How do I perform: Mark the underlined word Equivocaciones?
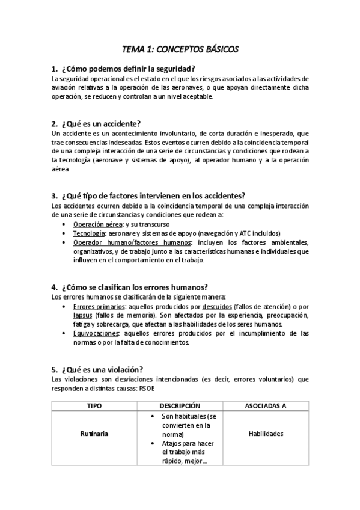pos(96,333)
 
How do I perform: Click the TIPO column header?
pos(94,405)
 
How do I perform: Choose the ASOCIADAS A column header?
pos(266,405)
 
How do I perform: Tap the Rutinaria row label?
pos(94,434)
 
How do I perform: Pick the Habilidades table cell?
pos(266,434)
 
